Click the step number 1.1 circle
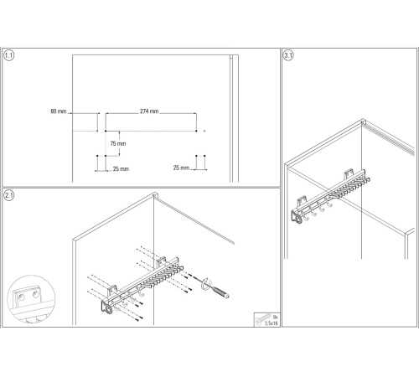[x=8, y=55]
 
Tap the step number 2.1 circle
[x=8, y=195]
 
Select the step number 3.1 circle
[x=288, y=55]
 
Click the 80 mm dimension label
[x=59, y=111]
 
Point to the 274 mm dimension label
[x=149, y=111]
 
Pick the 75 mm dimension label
[x=118, y=143]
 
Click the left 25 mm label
[x=121, y=168]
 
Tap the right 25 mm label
[x=181, y=168]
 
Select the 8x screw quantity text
[x=276, y=317]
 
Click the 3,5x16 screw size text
[x=272, y=323]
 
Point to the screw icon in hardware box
[x=262, y=319]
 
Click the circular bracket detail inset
[x=31, y=299]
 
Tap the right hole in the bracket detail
[x=35, y=294]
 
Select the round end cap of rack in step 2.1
[x=108, y=309]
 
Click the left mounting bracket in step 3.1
[x=302, y=202]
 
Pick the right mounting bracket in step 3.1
[x=349, y=173]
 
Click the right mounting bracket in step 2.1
[x=161, y=262]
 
